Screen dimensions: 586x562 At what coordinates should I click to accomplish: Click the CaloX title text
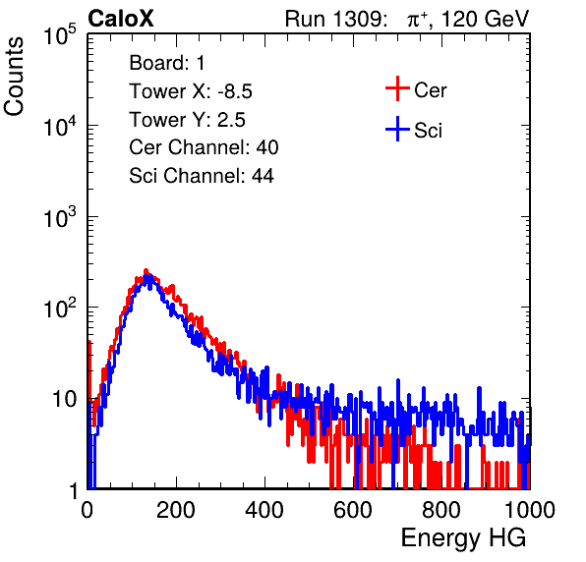click(x=121, y=19)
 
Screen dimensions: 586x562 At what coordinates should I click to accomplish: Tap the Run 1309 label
click(x=335, y=19)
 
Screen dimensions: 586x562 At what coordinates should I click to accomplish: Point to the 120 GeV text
click(x=485, y=19)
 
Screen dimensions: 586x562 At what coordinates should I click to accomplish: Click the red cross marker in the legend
click(x=397, y=88)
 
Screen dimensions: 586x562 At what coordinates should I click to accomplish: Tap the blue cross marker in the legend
click(x=397, y=130)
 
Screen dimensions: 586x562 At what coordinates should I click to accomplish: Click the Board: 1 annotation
click(x=167, y=63)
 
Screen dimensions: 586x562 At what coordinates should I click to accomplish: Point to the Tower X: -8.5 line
click(x=191, y=91)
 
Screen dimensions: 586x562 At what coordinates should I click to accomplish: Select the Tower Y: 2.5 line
click(x=187, y=120)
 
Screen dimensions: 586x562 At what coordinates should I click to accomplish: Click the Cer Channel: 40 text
click(x=204, y=147)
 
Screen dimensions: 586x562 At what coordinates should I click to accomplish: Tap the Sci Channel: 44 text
click(x=202, y=176)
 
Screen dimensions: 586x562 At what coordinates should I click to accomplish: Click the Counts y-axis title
click(x=14, y=77)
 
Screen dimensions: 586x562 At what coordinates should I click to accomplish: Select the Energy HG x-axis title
click(x=464, y=538)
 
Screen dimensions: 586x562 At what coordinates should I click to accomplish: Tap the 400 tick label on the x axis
click(x=264, y=510)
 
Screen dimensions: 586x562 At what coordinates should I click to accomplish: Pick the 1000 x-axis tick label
click(x=530, y=510)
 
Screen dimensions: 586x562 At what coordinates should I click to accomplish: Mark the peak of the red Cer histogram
click(x=146, y=270)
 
